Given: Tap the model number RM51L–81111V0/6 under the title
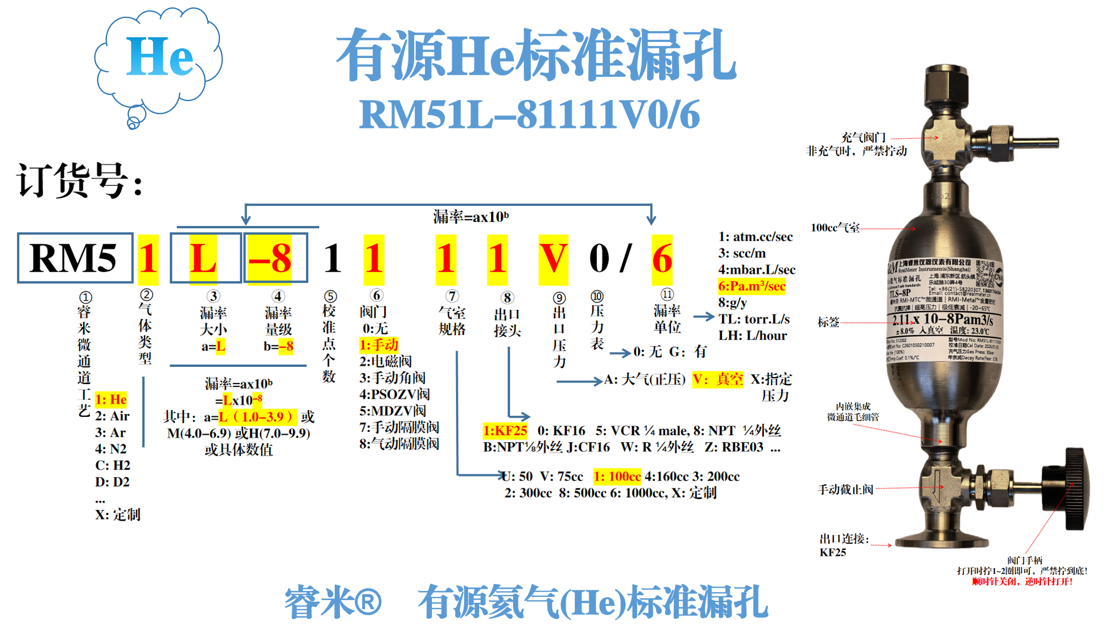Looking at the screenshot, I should pyautogui.click(x=529, y=114).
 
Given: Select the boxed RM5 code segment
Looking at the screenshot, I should pyautogui.click(x=74, y=258).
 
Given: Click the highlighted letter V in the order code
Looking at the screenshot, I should pyautogui.click(x=553, y=258).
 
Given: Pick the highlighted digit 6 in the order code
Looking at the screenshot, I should pyautogui.click(x=662, y=258).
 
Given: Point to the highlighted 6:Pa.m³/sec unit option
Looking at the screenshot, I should pyautogui.click(x=752, y=286).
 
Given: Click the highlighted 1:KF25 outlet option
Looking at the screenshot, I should pyautogui.click(x=505, y=431).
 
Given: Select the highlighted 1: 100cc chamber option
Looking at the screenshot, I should pyautogui.click(x=617, y=477).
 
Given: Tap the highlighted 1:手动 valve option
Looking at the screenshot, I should pyautogui.click(x=379, y=345).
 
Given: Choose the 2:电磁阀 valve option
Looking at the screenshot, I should pyautogui.click(x=385, y=361).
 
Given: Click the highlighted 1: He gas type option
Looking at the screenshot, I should pyautogui.click(x=111, y=400).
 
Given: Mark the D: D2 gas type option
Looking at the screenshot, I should pyautogui.click(x=112, y=481).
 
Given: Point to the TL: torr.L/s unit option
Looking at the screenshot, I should pyautogui.click(x=754, y=319).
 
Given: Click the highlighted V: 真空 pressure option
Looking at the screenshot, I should pyautogui.click(x=718, y=380).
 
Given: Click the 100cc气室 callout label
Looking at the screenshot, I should pyautogui.click(x=835, y=228).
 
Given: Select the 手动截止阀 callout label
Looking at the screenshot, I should pyautogui.click(x=845, y=489).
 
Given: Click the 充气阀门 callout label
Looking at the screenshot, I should pyautogui.click(x=863, y=138).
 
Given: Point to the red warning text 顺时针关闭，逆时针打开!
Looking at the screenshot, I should pyautogui.click(x=1022, y=581).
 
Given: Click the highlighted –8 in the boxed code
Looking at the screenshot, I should pyautogui.click(x=270, y=258).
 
